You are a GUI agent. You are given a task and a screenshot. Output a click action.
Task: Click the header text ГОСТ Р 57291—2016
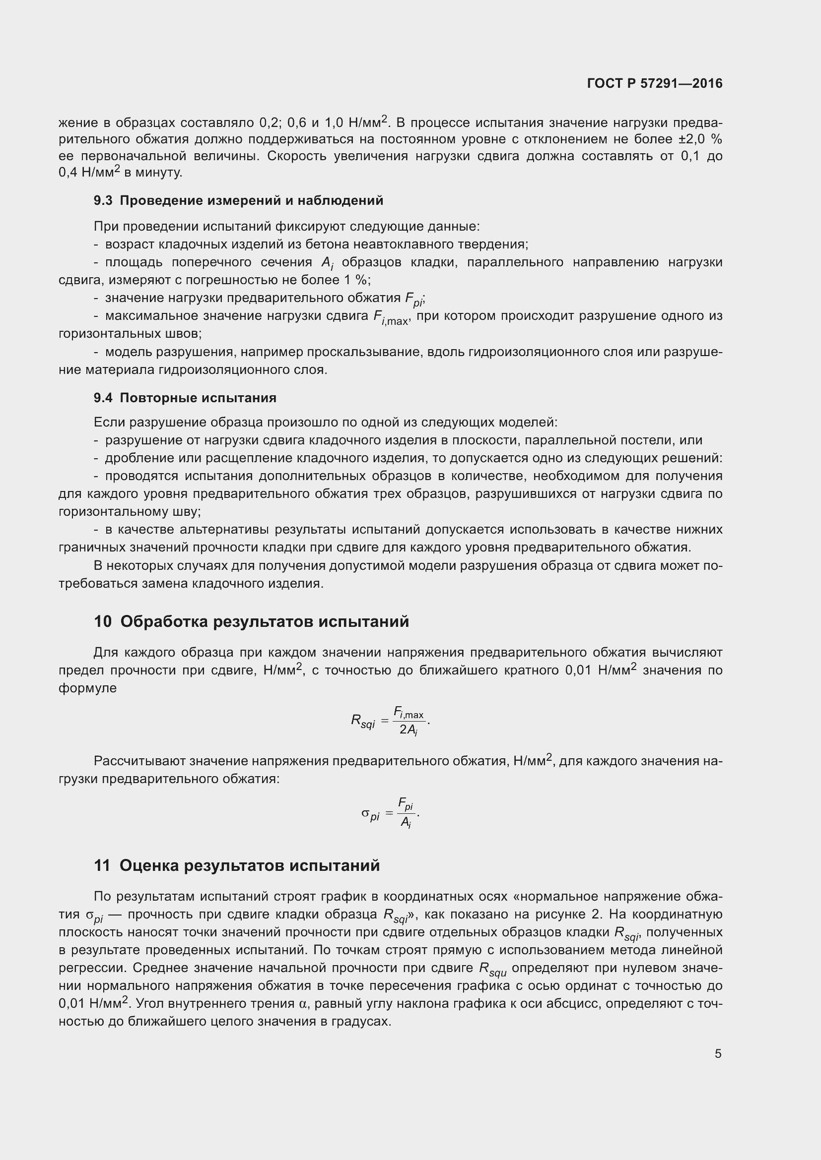(655, 83)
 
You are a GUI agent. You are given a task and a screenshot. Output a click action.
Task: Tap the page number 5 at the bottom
(718, 1053)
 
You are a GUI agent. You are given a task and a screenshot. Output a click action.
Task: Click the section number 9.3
(103, 200)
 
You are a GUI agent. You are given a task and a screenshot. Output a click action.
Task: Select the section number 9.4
(103, 398)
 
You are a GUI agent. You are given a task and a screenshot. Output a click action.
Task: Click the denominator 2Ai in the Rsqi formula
(409, 731)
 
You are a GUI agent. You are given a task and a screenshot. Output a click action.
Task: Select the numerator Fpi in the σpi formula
(406, 804)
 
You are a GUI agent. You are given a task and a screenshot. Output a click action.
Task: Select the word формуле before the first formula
(87, 688)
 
